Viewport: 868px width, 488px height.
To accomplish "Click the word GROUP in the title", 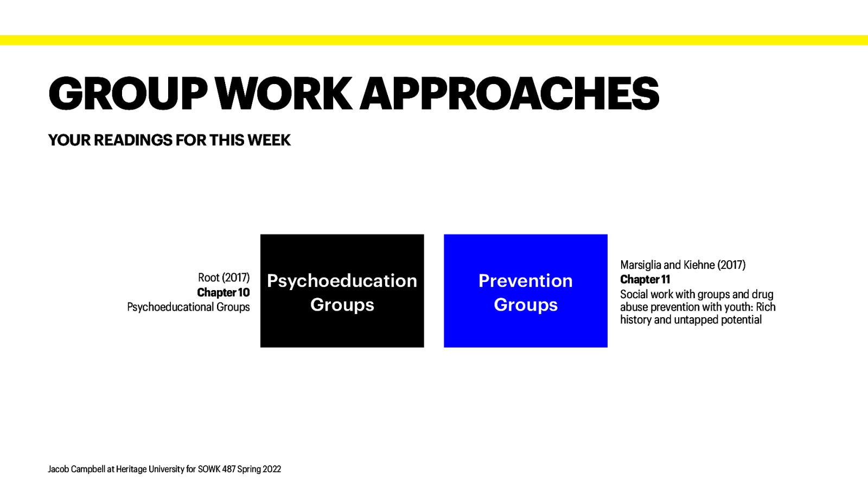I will pos(128,93).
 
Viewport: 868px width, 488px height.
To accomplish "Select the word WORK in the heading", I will pos(284,93).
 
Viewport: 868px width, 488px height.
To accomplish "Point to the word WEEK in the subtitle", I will pos(269,140).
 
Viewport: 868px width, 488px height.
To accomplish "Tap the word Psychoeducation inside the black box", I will pos(342,281).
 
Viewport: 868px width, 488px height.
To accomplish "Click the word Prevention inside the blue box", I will pos(525,281).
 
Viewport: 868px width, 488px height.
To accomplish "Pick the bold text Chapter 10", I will pos(223,293).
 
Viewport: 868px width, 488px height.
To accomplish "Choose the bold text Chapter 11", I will pos(645,280).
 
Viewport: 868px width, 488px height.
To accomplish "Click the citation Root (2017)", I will pos(224,278).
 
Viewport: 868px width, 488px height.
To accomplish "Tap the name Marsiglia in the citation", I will pos(641,265).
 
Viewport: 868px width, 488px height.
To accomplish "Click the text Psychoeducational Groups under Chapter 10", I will pos(188,307).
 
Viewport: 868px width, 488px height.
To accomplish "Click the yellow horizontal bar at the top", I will pos(434,40).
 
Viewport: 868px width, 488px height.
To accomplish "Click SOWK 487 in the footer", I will pos(216,469).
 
